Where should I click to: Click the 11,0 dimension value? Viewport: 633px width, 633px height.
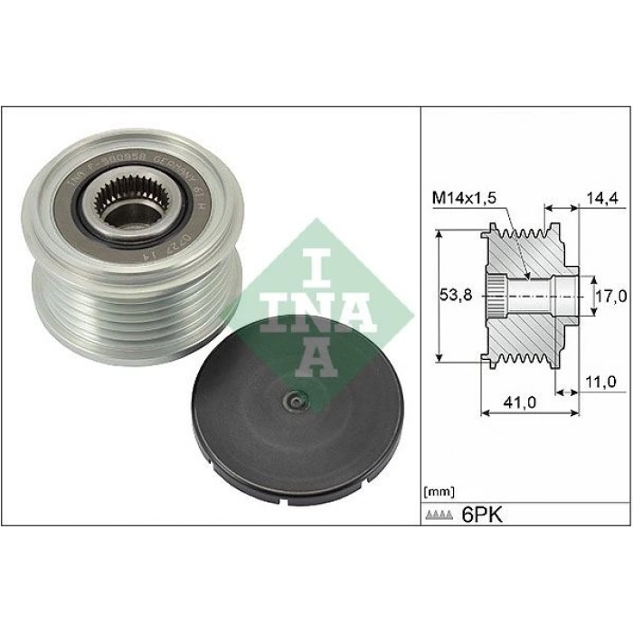click(599, 383)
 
